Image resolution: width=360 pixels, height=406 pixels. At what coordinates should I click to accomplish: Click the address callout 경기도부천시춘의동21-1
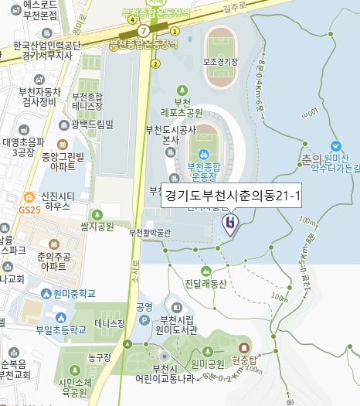click(232, 196)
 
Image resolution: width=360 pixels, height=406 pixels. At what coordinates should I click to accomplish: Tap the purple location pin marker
click(229, 224)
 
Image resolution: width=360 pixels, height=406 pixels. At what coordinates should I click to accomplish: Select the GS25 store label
click(29, 210)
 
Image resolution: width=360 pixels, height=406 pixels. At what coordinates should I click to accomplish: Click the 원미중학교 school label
click(75, 294)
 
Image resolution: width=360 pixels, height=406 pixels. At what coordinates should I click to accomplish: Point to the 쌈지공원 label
click(97, 226)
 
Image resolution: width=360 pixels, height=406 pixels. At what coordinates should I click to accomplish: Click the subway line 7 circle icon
click(143, 30)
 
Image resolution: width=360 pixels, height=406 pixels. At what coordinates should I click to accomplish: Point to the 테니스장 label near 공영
click(109, 322)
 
